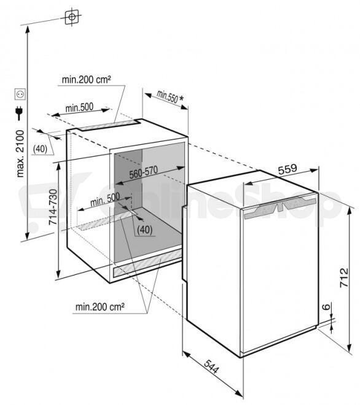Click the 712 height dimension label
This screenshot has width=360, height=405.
(x=344, y=277)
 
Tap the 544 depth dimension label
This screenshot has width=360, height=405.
(x=211, y=366)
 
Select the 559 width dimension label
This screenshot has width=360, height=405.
(x=288, y=169)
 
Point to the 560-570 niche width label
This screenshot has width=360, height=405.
(x=143, y=172)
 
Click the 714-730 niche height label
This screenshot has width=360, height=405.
(x=53, y=207)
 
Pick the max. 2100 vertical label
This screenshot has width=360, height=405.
(x=20, y=153)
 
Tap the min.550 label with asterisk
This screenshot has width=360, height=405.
(x=170, y=97)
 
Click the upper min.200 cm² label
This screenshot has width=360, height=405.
(x=87, y=79)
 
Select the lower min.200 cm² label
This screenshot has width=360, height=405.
(x=100, y=307)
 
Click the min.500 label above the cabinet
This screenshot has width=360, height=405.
(x=79, y=107)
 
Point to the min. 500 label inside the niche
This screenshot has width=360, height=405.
(x=105, y=199)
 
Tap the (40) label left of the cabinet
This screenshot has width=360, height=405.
(x=41, y=148)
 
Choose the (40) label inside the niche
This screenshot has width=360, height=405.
(x=145, y=229)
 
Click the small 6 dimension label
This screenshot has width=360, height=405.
(x=327, y=307)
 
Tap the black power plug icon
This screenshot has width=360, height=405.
(x=19, y=113)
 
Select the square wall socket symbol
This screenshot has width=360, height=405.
(x=20, y=94)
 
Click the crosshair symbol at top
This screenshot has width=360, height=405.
(x=72, y=17)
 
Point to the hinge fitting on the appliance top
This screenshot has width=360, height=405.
(x=280, y=206)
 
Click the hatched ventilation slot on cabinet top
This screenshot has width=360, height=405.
(x=109, y=125)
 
